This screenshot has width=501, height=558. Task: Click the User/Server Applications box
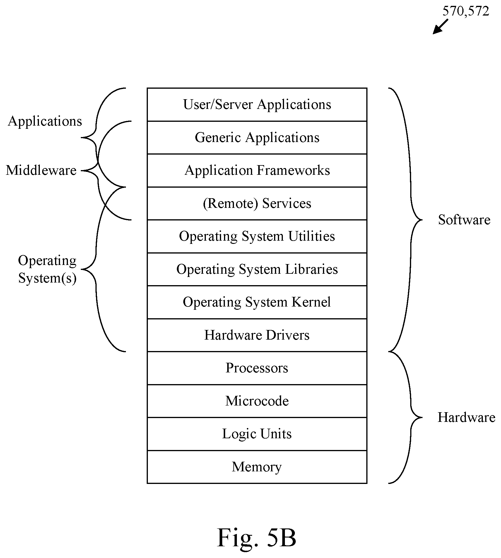pyautogui.click(x=257, y=105)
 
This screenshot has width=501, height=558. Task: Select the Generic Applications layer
pyautogui.click(x=257, y=138)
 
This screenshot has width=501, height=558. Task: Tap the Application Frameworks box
pyautogui.click(x=257, y=170)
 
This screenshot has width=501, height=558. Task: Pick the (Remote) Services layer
pyautogui.click(x=257, y=203)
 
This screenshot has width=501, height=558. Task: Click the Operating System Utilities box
pyautogui.click(x=257, y=236)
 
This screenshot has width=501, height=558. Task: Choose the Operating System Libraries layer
pyautogui.click(x=257, y=269)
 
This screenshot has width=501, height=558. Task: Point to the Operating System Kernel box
pyautogui.click(x=257, y=302)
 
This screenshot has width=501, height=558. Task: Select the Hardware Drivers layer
pyautogui.click(x=257, y=335)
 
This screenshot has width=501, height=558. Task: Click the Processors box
pyautogui.click(x=257, y=368)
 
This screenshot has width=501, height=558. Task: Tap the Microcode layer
pyautogui.click(x=257, y=401)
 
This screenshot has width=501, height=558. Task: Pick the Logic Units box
pyautogui.click(x=257, y=434)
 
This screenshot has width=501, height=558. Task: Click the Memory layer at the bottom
pyautogui.click(x=257, y=467)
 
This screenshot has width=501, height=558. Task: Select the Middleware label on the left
pyautogui.click(x=41, y=170)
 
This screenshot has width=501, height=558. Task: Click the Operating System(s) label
pyautogui.click(x=47, y=269)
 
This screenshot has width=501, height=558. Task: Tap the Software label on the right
pyautogui.click(x=464, y=220)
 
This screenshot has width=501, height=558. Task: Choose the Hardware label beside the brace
pyautogui.click(x=466, y=417)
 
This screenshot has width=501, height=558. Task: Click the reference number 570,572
pyautogui.click(x=466, y=11)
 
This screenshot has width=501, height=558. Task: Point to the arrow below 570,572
pyautogui.click(x=440, y=27)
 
